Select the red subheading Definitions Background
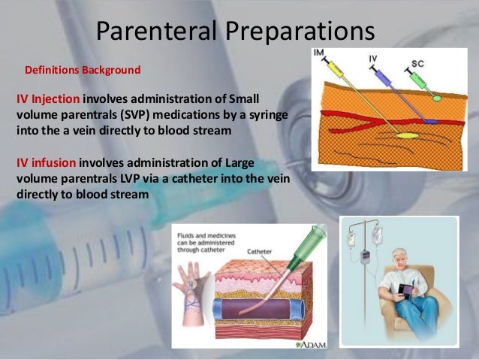[x=83, y=71]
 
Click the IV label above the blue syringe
[x=373, y=57]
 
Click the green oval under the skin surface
[x=435, y=98]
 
